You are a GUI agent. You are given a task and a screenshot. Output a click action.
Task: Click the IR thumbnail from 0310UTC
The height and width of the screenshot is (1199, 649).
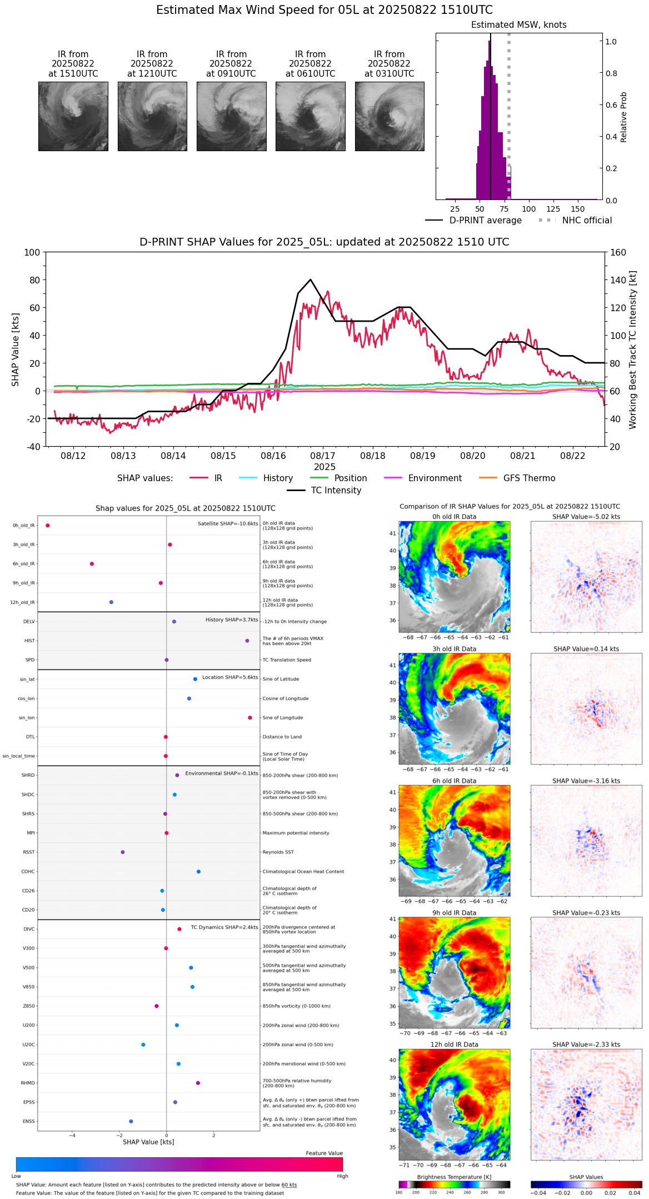tap(390, 116)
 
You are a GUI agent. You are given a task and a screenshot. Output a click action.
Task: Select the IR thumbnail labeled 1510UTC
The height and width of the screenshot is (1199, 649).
tap(73, 116)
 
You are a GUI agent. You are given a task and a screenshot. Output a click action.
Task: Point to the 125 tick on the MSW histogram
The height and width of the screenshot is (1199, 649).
tap(553, 209)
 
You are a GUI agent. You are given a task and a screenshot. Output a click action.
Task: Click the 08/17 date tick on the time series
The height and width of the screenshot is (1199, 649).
tap(323, 456)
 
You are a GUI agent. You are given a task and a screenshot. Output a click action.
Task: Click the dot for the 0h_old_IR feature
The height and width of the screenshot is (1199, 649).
tap(48, 526)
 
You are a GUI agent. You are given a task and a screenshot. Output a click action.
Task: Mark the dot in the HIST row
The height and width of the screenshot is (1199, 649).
tap(247, 641)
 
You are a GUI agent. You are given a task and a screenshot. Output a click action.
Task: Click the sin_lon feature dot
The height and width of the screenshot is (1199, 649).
tap(250, 718)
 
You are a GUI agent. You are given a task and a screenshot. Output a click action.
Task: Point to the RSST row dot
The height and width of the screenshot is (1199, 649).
tap(123, 852)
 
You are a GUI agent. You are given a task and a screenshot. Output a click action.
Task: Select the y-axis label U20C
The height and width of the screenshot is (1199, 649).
tap(28, 1045)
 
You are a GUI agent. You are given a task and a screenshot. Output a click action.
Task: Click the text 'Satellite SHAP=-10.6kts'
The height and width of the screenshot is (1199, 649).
tap(228, 524)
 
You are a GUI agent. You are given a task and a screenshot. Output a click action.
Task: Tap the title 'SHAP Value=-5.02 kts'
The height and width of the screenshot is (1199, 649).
tap(586, 517)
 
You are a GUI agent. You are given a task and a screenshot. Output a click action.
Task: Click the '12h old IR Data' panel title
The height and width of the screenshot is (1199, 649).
tap(454, 1045)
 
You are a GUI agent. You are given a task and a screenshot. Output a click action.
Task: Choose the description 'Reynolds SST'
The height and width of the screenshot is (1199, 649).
tap(278, 852)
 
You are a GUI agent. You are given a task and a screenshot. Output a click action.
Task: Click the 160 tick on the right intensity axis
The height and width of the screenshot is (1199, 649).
tap(618, 253)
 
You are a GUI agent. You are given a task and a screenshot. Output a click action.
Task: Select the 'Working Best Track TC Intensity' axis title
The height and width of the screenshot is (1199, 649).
tap(633, 350)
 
